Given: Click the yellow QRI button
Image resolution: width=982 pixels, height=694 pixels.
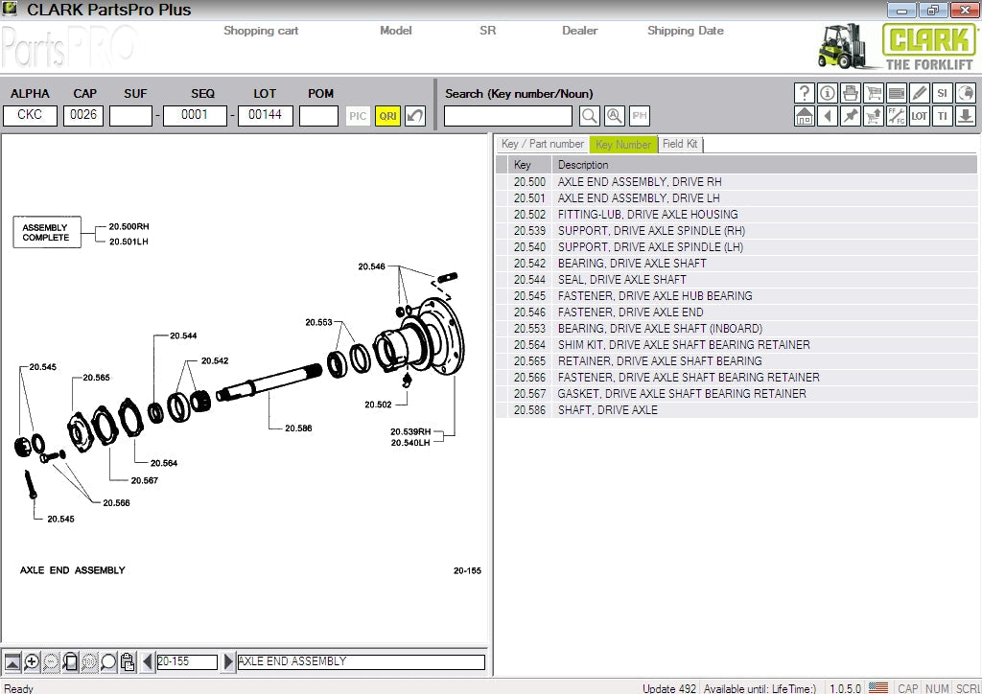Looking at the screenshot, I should click(x=387, y=116).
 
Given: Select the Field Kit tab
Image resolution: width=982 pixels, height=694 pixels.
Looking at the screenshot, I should click(x=680, y=144).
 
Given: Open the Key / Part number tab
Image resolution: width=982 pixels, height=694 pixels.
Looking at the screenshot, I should click(x=542, y=144).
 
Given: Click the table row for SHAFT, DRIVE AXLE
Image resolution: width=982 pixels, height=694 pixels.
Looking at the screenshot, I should click(x=607, y=410).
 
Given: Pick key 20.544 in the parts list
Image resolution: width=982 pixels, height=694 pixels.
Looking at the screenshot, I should click(x=529, y=280).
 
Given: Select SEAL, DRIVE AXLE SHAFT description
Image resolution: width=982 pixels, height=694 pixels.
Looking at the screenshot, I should click(x=621, y=280).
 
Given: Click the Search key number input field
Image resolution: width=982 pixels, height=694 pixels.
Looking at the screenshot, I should click(x=507, y=116).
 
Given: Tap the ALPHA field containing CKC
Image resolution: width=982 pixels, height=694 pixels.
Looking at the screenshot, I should click(x=30, y=116).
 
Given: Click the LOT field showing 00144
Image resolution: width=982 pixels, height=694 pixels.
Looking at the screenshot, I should click(x=265, y=116).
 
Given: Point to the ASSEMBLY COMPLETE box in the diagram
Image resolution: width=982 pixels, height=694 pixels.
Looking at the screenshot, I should click(x=46, y=233).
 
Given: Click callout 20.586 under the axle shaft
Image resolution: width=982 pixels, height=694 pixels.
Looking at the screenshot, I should click(x=298, y=428).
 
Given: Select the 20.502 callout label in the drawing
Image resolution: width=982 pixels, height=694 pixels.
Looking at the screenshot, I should click(x=378, y=405).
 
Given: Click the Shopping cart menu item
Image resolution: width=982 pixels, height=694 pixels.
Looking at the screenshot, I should click(x=261, y=31).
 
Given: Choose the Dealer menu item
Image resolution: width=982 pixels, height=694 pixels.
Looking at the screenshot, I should click(x=579, y=31).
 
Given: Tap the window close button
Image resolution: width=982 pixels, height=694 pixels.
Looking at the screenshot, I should click(x=963, y=11).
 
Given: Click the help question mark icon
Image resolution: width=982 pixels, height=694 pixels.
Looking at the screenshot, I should click(x=805, y=93).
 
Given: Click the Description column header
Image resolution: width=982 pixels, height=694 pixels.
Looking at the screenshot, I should click(x=583, y=165).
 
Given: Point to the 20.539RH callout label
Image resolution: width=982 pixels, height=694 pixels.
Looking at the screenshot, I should click(x=410, y=431).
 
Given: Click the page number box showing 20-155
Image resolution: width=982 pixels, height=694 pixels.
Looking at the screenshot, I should click(x=187, y=661).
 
